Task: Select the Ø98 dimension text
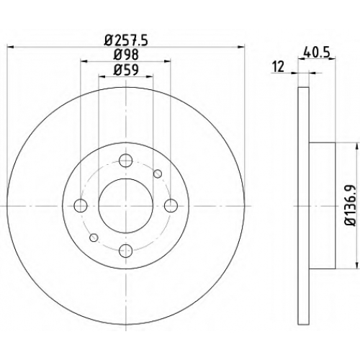126,55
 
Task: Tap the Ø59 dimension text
126,70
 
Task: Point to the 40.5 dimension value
317,52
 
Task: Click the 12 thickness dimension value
279,66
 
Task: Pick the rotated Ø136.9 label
350,205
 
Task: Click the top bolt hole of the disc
126,161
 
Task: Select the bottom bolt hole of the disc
126,251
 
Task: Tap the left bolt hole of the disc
81,206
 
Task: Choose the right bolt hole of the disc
171,206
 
